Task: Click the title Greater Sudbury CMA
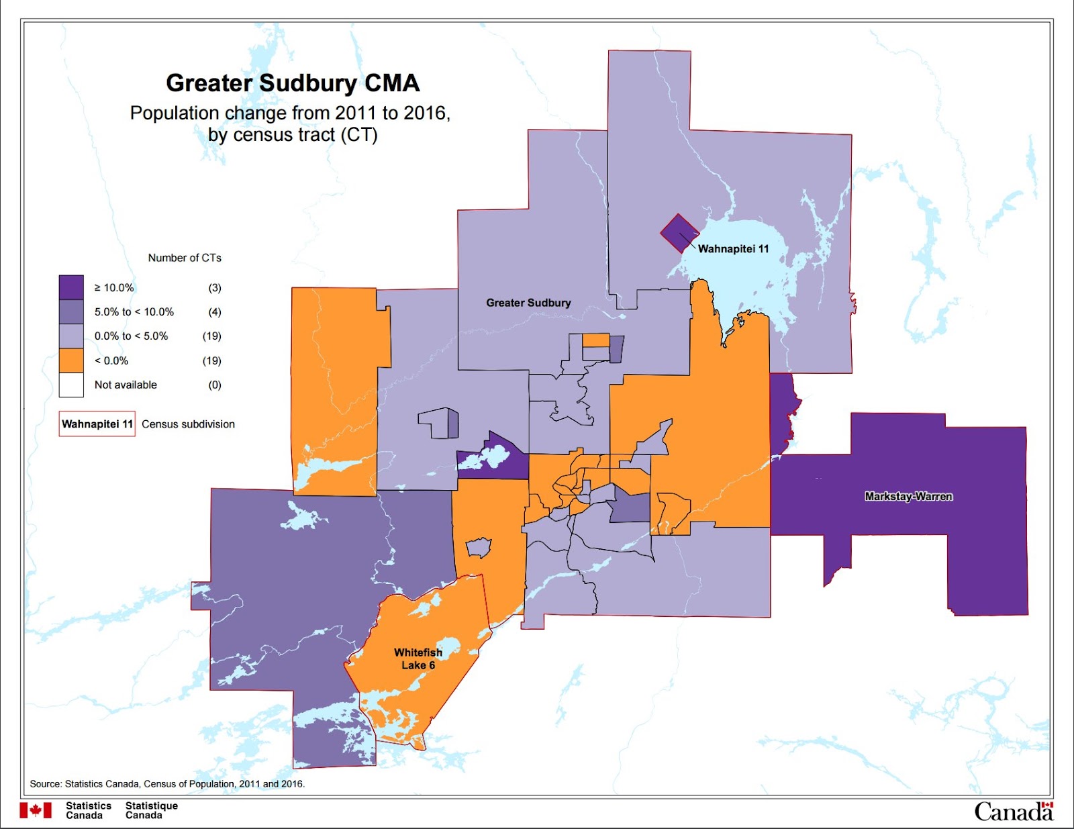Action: [293, 83]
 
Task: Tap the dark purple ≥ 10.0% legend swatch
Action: [71, 287]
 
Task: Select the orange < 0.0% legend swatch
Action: [71, 360]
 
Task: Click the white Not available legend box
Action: [71, 385]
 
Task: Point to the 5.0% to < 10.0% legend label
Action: [134, 312]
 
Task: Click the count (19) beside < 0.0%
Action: [212, 361]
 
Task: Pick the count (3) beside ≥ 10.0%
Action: [214, 288]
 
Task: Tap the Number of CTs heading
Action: [185, 258]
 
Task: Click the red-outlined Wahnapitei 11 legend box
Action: [97, 424]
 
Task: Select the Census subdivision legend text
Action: [188, 424]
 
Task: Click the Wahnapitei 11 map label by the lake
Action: [733, 249]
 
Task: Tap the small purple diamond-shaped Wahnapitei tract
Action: [679, 233]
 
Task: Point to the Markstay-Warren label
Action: [908, 497]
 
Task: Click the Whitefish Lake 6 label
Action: [418, 659]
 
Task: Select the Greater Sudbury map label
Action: [528, 303]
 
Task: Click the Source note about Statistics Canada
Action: [167, 783]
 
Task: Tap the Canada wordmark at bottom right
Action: [1013, 812]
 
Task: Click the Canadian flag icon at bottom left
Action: [36, 810]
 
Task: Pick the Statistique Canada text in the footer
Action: [152, 810]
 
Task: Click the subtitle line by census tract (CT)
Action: [293, 135]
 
